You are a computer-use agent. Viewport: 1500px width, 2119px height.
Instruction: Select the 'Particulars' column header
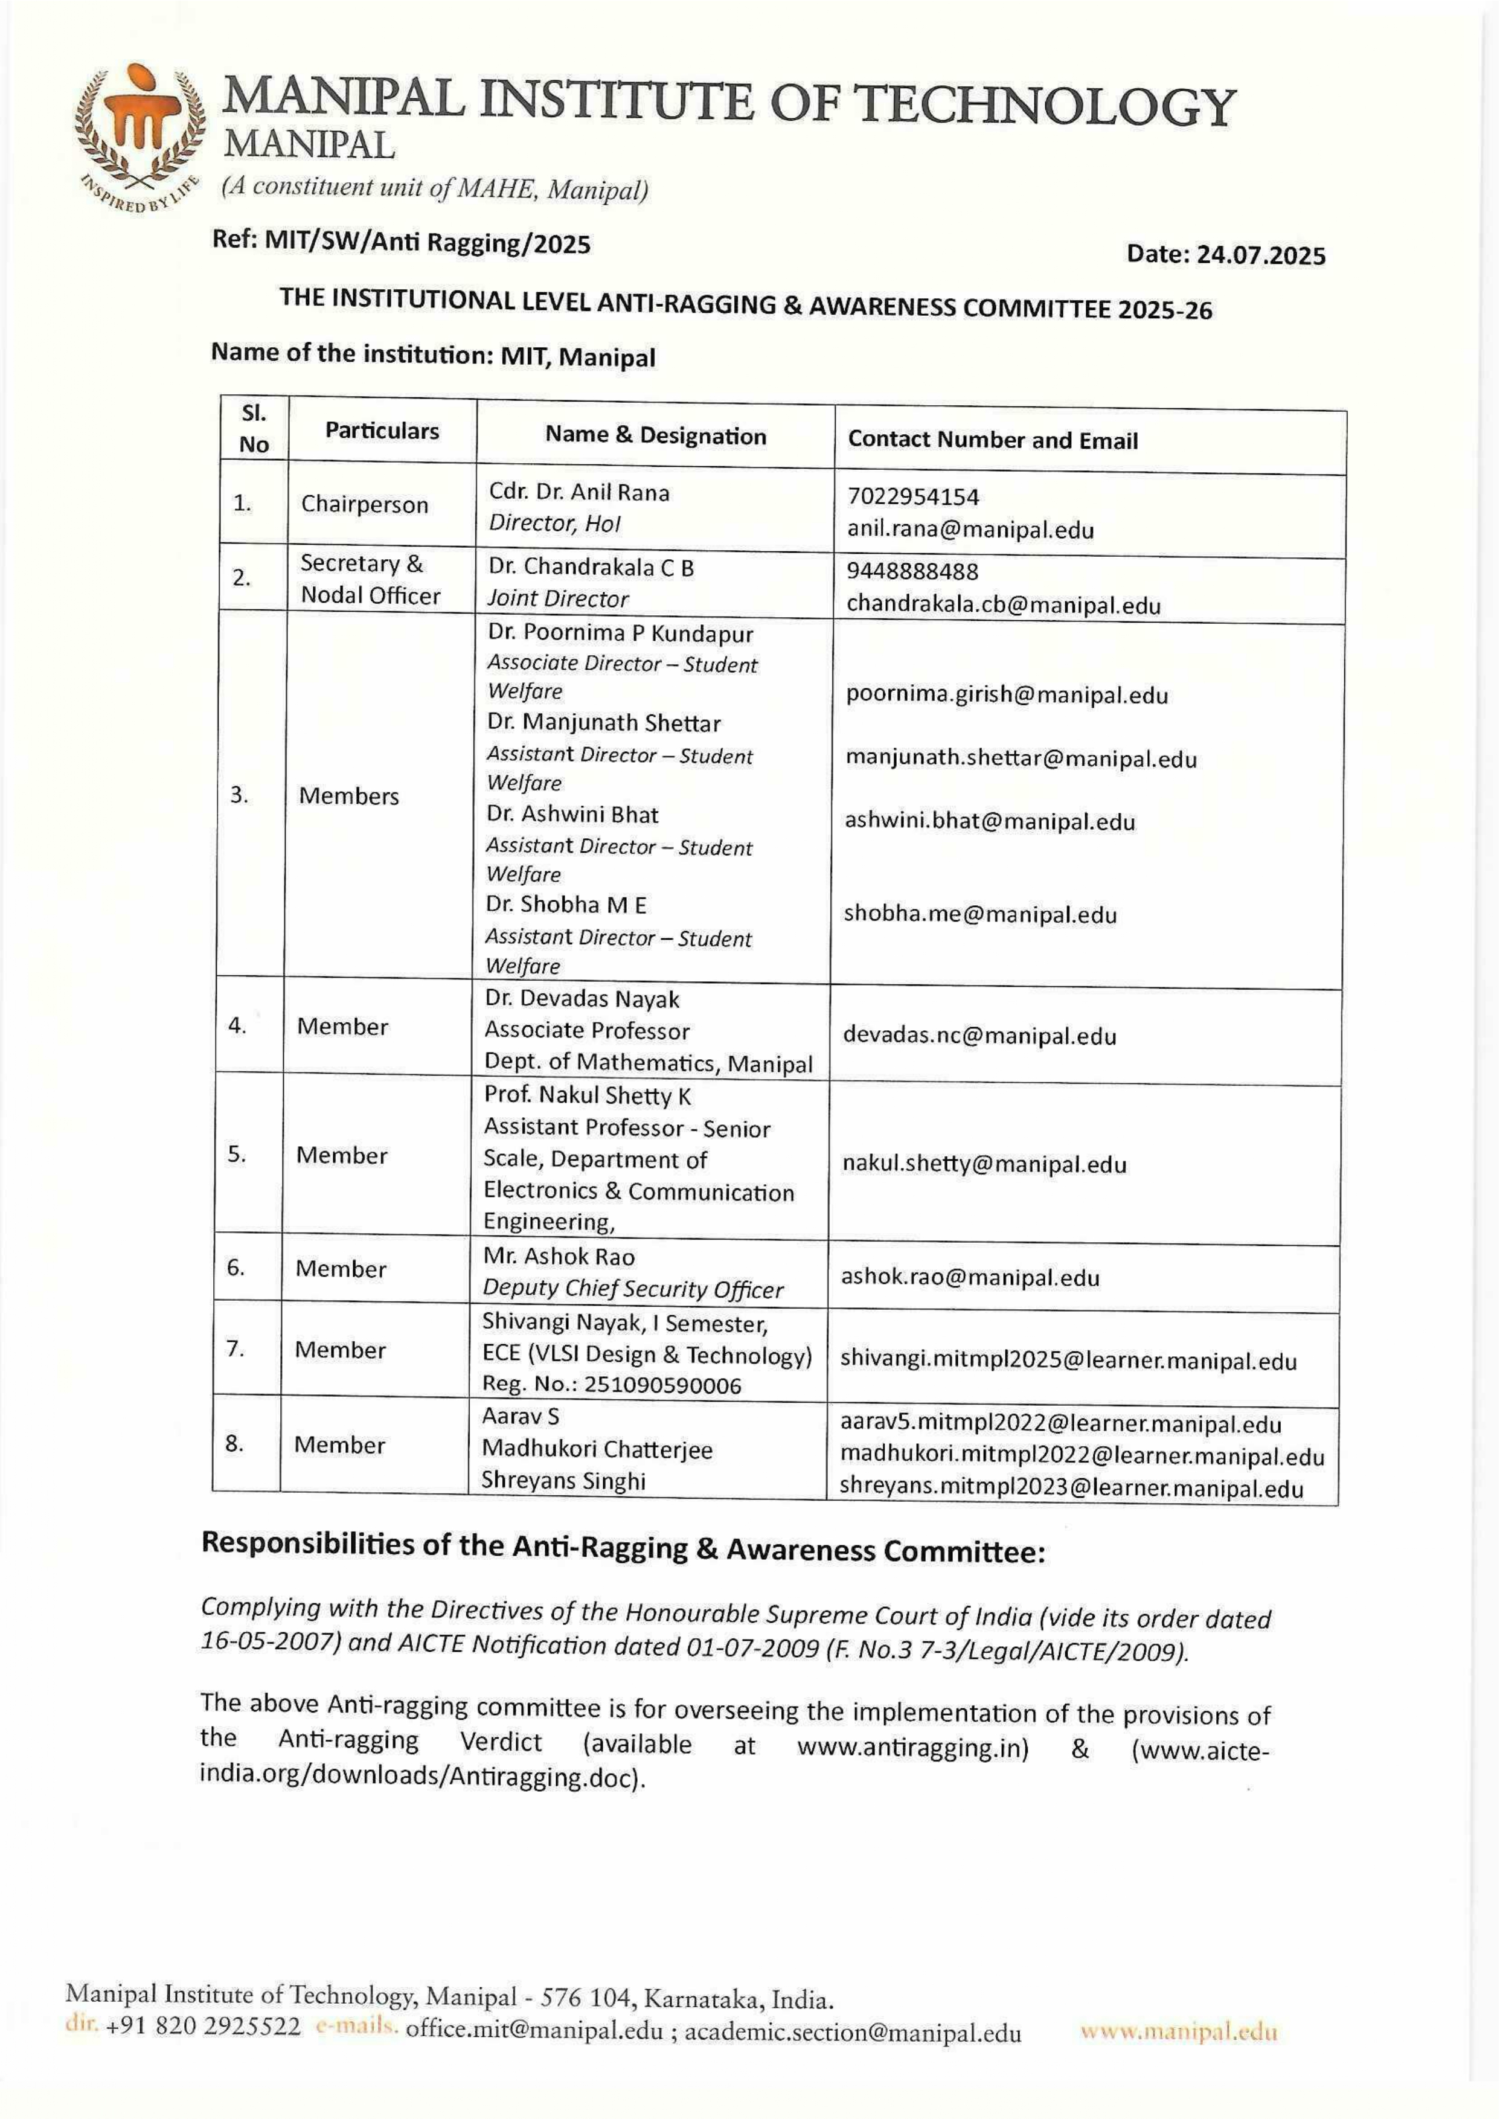pos(382,431)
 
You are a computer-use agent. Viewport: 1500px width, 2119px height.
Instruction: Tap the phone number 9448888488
pos(912,572)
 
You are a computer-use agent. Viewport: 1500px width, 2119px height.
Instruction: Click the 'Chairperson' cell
pos(365,504)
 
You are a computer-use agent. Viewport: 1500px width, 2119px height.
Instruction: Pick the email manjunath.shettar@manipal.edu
pos(1021,758)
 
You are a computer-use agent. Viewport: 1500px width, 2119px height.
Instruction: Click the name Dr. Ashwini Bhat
pos(572,814)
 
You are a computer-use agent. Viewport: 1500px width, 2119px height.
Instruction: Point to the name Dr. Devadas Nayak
pos(582,999)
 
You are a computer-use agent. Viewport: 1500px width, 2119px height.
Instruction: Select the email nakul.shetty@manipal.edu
pos(984,1163)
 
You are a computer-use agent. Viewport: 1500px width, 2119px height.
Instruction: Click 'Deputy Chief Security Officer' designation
pos(633,1289)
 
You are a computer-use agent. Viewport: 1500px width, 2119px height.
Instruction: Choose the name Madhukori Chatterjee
pos(597,1449)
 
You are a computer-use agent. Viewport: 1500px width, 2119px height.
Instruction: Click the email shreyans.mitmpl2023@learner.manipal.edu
pos(1071,1488)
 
